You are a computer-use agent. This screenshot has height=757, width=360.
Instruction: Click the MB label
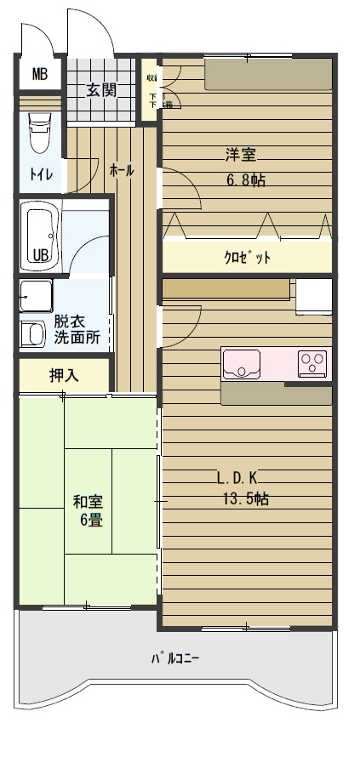tap(40, 74)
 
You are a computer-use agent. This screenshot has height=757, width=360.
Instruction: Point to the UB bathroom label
tap(40, 254)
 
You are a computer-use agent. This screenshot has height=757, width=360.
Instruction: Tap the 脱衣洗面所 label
tap(77, 329)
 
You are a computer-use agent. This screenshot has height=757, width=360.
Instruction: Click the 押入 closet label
tap(64, 374)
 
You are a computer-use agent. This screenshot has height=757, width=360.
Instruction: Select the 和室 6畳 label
tap(89, 510)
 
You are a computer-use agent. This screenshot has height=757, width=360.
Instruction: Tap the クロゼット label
tap(247, 258)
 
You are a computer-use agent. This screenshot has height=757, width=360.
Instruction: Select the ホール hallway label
tap(121, 170)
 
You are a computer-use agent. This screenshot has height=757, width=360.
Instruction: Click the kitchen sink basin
tap(244, 365)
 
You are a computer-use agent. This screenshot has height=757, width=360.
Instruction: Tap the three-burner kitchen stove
tap(312, 363)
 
